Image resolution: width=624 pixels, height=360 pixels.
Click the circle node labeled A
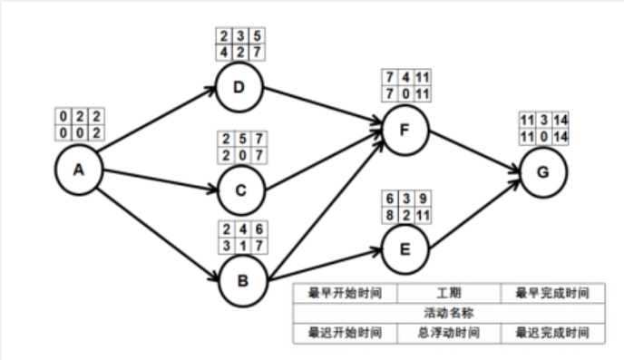[77, 170]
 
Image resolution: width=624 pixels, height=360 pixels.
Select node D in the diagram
[239, 88]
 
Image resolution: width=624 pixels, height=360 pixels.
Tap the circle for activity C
[239, 189]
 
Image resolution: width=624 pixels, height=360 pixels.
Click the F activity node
[405, 129]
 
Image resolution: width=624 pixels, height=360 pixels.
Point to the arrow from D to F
[322, 109]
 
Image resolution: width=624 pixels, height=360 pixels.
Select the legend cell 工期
[449, 295]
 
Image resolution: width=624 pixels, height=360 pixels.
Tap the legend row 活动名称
[449, 314]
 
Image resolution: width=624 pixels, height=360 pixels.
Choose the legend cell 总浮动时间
[449, 333]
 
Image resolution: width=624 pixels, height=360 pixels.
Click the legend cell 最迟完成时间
[552, 333]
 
